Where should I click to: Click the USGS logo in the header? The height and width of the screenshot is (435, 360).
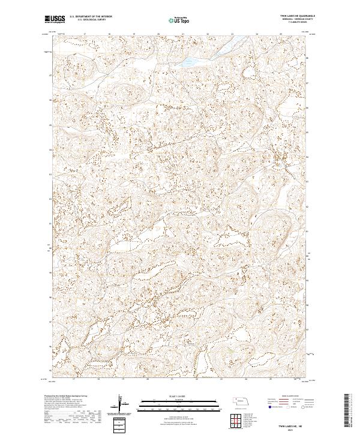click(x=55, y=20)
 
